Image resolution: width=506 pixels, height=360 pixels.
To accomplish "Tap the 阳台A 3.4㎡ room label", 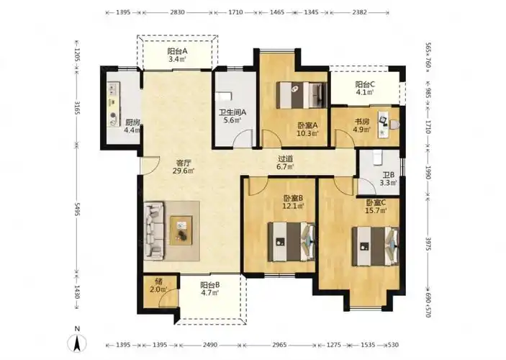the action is point(177,55).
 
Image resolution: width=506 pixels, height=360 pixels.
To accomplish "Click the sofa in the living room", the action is point(153,230).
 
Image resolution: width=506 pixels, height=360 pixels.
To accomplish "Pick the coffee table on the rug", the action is point(181,230).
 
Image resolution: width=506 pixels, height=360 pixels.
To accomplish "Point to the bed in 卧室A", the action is point(302,95).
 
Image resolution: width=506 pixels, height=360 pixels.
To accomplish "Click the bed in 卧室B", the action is point(292,241).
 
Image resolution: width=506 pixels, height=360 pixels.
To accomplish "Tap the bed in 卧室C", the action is point(375,246).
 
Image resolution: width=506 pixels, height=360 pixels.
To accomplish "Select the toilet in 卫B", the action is point(378,158).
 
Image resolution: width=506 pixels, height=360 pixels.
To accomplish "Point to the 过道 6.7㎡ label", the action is point(286,163).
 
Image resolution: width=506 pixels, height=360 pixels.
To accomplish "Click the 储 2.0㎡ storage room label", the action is point(158,285).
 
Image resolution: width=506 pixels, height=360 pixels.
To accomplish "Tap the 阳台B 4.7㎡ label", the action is point(209,289).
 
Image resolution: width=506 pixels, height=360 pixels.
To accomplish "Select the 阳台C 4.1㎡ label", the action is point(365,89).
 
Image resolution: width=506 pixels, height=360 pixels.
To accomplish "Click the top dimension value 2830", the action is point(177,12).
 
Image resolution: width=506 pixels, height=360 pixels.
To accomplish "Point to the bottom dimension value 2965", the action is point(279,345).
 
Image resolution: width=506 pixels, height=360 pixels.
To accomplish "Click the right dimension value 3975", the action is point(428,245).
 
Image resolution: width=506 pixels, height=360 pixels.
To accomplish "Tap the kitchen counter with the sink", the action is point(114,104).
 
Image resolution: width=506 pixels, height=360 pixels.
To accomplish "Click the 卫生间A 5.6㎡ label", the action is point(232,116).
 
